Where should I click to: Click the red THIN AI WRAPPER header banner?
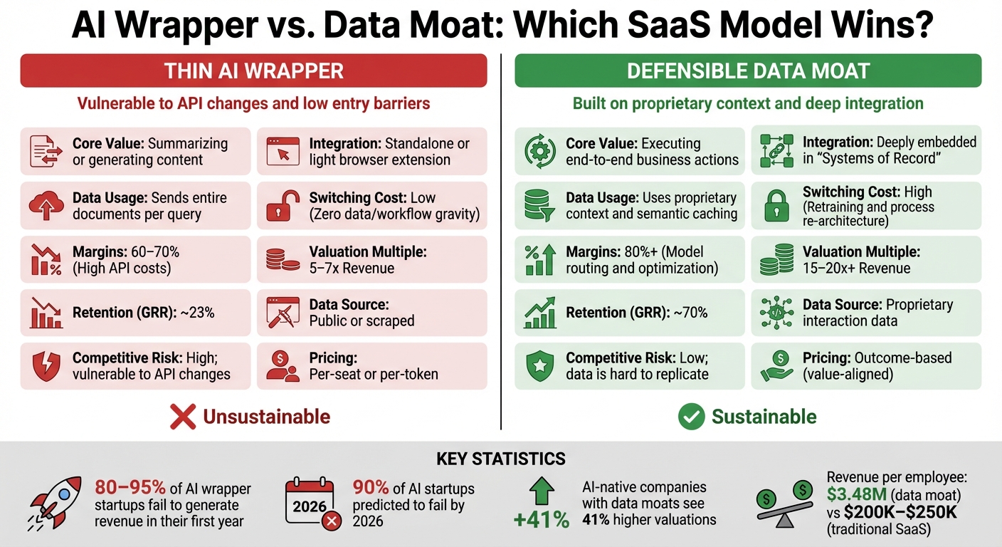tap(253, 71)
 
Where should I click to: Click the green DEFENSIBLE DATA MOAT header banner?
tap(748, 71)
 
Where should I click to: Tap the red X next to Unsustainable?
tap(183, 417)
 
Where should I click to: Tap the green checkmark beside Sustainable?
tap(690, 417)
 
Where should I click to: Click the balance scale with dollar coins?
tap(786, 502)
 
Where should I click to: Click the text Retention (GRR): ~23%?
tap(143, 313)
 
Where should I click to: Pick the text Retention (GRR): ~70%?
tap(636, 313)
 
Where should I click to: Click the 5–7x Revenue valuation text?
tap(352, 269)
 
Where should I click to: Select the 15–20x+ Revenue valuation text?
tap(857, 269)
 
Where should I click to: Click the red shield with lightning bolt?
tap(45, 366)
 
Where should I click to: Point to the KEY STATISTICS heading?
tap(500, 458)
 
